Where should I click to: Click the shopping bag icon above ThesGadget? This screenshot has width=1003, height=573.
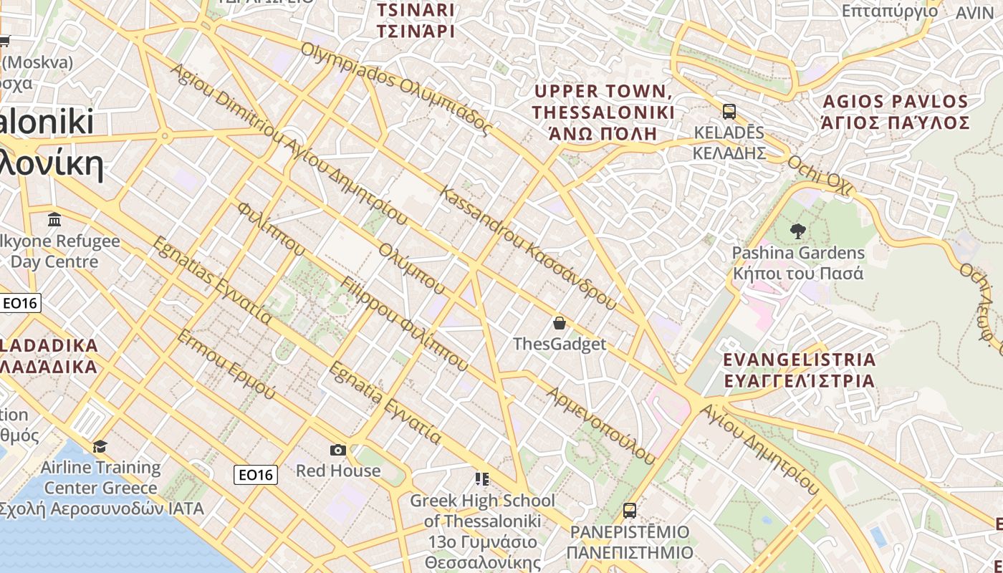click(560, 323)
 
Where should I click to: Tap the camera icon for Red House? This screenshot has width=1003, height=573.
click(338, 450)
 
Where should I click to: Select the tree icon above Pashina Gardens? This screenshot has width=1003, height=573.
click(797, 231)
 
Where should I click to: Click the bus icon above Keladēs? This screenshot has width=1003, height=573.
click(729, 112)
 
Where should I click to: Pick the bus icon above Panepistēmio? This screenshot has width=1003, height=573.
click(630, 511)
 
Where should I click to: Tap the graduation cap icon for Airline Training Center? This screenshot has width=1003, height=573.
click(100, 446)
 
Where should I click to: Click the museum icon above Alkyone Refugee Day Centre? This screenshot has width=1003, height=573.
click(54, 219)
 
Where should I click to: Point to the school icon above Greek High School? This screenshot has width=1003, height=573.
click(482, 478)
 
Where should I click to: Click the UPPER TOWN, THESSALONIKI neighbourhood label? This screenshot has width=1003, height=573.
click(603, 102)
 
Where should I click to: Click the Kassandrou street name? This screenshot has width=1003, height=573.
click(527, 247)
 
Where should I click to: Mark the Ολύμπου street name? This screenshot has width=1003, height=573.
click(412, 269)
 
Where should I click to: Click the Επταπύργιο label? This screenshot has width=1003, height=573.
click(890, 11)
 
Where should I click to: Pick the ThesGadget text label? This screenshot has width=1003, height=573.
click(560, 344)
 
